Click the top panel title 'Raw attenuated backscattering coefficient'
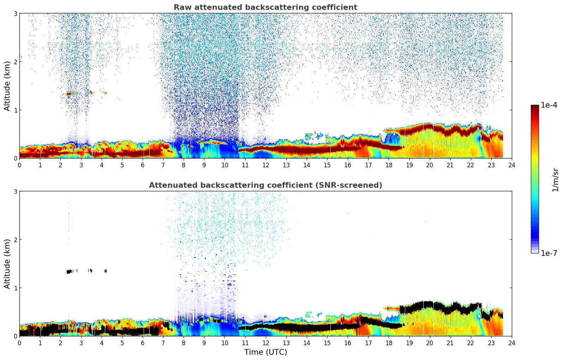coord(265,7)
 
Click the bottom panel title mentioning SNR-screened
coord(265,185)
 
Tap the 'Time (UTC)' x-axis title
coord(265,352)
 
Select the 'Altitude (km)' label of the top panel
coord(7,86)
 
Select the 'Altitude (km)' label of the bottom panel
coord(7,264)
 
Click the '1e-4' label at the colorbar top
coord(549,105)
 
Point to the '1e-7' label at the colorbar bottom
coord(549,253)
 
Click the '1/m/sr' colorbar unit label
coord(555,180)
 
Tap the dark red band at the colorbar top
coord(535,108)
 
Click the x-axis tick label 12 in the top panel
coord(265,165)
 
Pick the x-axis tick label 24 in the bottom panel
coord(512,343)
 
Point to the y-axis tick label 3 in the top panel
coord(16,13)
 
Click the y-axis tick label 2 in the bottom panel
coord(16,240)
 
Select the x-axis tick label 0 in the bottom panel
coord(19,343)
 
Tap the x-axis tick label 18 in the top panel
coord(389,165)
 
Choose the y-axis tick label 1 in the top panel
coord(16,110)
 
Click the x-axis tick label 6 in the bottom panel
coord(143,343)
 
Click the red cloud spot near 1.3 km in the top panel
coord(69,94)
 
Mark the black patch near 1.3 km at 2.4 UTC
coord(69,271)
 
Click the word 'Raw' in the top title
coord(181,7)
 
